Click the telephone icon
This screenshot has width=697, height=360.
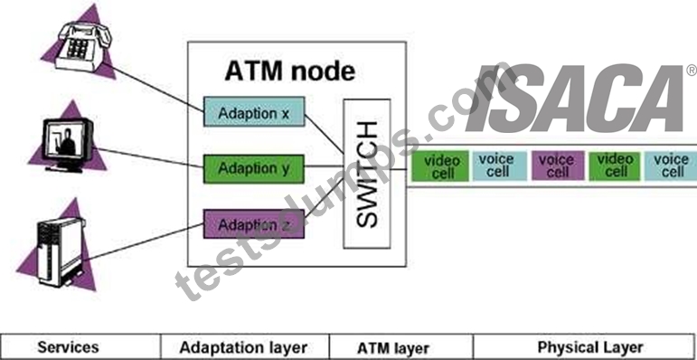point(83,47)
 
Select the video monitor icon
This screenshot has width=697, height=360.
point(68,144)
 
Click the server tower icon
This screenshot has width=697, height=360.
point(61,251)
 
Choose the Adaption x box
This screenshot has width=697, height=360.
point(254,111)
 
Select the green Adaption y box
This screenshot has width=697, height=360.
point(254,169)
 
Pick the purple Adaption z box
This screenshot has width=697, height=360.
point(254,223)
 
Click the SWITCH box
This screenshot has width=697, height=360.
point(367,174)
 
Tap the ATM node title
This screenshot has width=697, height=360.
point(290,71)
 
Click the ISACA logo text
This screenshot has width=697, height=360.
point(575,99)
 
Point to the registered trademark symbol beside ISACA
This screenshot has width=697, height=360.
point(692,71)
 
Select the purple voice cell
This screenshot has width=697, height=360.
point(558,166)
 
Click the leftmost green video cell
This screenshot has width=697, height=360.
point(440,166)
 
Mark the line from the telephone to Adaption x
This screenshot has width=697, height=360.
point(153,87)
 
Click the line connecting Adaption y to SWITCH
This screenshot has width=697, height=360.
point(324,166)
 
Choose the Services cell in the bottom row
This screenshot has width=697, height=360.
point(68,347)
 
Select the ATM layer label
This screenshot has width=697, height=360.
point(393,348)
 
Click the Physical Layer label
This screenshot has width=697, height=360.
point(590,347)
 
